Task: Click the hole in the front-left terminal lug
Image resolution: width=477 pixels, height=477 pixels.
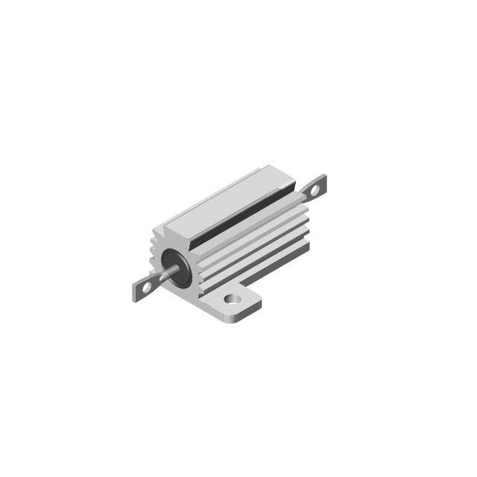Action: (x=147, y=285)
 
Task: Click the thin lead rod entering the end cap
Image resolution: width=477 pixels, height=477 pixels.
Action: (x=165, y=275)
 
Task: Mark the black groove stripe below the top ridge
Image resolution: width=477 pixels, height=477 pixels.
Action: (x=246, y=216)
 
